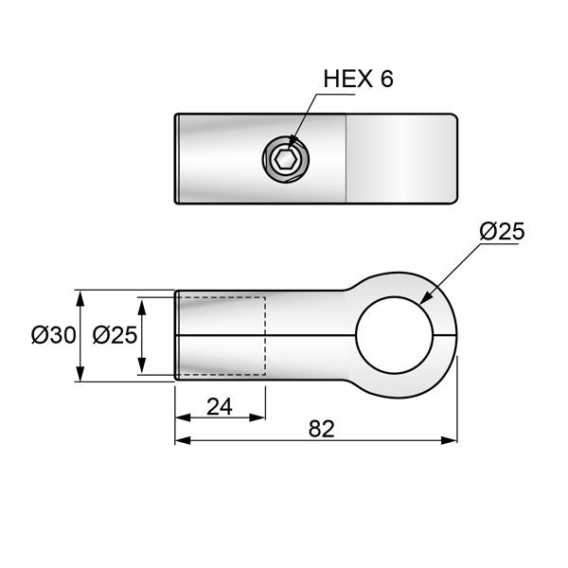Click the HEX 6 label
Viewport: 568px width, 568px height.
click(358, 80)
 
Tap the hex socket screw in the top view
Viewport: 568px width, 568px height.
click(285, 158)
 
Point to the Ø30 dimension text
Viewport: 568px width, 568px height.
click(52, 336)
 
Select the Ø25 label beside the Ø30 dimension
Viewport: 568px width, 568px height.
click(115, 336)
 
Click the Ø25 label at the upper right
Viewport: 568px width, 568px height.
click(502, 232)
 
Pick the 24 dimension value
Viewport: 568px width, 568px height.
click(219, 407)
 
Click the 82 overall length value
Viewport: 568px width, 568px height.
click(322, 429)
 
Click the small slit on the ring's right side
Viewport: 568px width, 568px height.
click(446, 335)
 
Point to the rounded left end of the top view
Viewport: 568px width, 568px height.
click(178, 157)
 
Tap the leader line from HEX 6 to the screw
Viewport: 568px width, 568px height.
click(305, 116)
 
